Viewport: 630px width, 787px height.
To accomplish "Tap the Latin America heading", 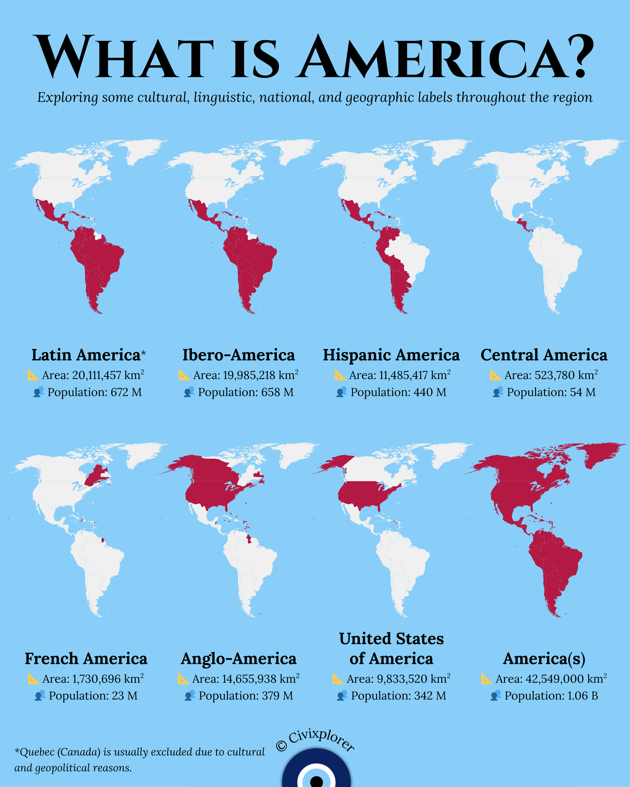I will point(86,355).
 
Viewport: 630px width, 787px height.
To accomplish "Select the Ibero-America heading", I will point(238,355).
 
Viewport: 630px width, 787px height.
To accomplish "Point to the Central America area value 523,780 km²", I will point(551,375).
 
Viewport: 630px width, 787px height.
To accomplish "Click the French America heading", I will point(86,659).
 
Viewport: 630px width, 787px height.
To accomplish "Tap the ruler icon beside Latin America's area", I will point(33,375).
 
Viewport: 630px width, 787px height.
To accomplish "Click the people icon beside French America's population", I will point(39,696).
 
